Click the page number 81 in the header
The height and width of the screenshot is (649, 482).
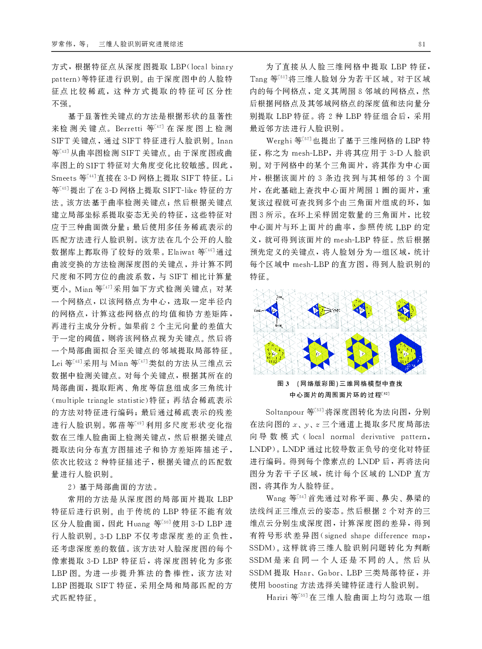422,44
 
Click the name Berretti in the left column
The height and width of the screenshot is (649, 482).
128,128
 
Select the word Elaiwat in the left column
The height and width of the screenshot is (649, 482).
181,252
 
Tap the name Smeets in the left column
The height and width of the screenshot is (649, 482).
64,178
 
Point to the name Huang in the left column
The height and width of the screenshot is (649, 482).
138,524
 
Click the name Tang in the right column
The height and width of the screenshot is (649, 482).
259,79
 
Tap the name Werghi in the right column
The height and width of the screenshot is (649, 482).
279,141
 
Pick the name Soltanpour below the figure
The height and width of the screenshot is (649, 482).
285,412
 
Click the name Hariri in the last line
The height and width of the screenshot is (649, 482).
277,597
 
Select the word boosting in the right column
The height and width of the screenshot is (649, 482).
283,585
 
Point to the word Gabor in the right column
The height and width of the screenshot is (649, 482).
329,573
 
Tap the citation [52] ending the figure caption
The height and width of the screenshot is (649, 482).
385,394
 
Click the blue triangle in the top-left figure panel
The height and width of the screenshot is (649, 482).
272,310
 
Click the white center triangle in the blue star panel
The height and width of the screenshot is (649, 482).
318,353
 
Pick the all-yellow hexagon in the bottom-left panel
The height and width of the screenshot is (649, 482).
274,353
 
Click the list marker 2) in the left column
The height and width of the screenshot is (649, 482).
72,487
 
